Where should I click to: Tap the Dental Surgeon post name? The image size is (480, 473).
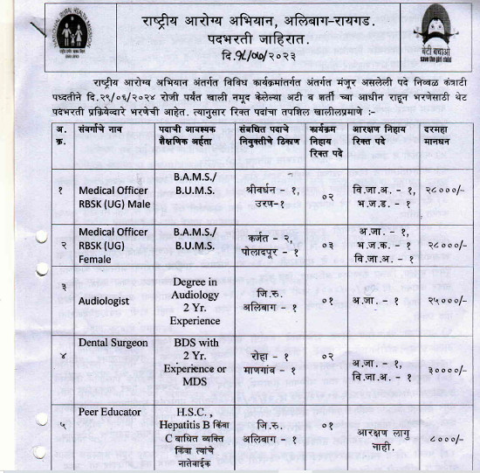point(113,343)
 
